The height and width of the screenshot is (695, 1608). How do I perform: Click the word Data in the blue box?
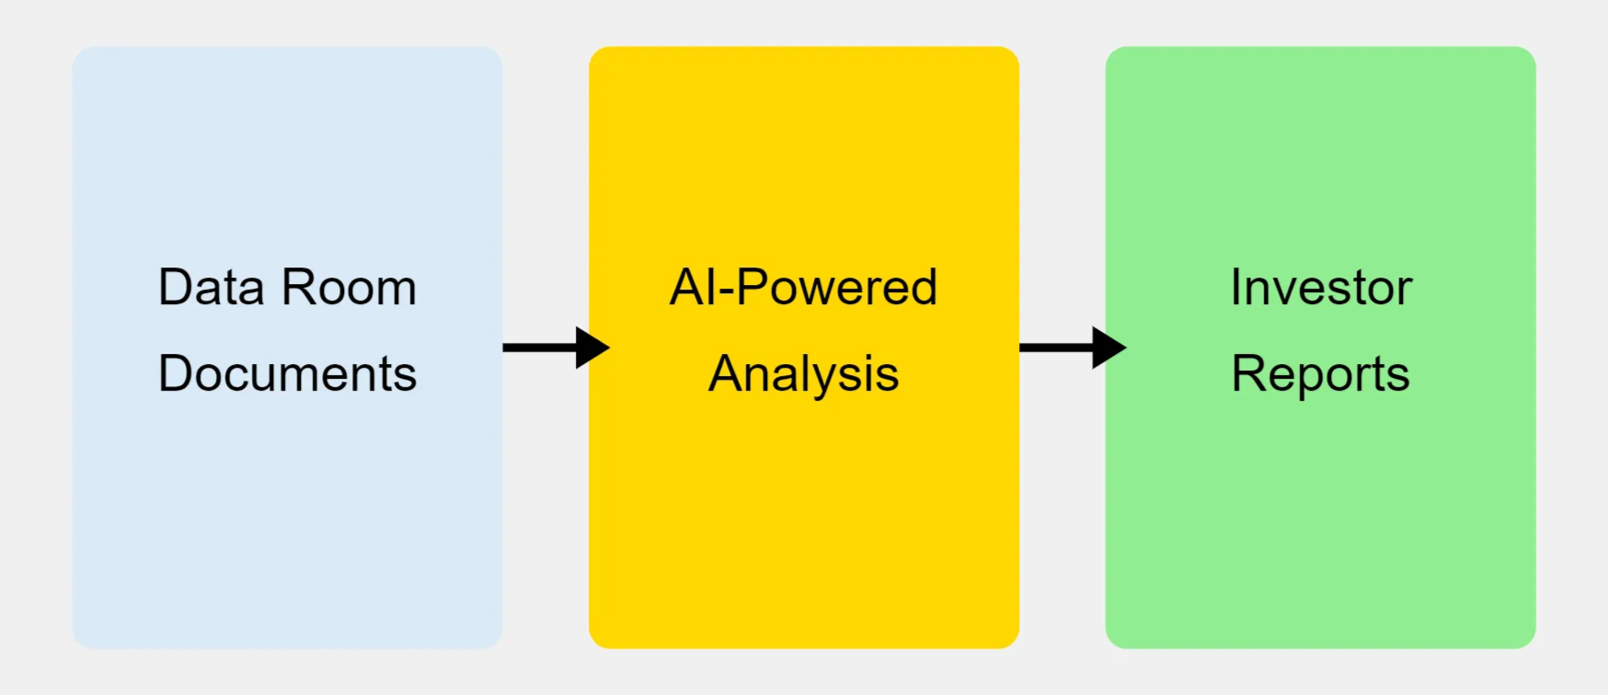point(212,288)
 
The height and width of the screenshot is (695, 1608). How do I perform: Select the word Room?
point(350,288)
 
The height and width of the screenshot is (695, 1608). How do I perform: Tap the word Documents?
point(287,374)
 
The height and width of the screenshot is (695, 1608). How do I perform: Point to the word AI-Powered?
point(803,288)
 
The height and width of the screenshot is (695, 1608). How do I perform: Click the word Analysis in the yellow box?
point(803,375)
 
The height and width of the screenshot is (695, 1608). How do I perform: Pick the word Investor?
point(1320,288)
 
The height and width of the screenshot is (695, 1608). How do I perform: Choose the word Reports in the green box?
point(1320,375)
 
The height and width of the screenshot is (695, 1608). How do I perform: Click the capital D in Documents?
point(175,374)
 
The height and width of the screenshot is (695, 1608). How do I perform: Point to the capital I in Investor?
point(1235,288)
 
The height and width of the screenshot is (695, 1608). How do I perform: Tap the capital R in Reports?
point(1249,374)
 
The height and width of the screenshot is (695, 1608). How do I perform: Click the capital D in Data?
point(175,288)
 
